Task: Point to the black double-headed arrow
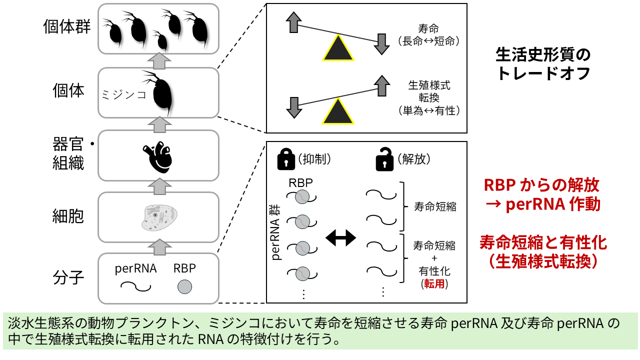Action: coord(340,238)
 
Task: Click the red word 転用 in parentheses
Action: coord(433,284)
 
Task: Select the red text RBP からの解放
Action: coord(541,186)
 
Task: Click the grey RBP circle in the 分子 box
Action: coord(185,287)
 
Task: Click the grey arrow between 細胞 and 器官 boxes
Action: coord(158,185)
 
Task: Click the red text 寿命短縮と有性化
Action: coord(543,243)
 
